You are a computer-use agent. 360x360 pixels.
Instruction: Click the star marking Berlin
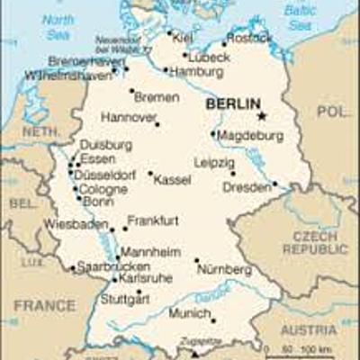tap(261, 116)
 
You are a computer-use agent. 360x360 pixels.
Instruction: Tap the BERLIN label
tap(232, 104)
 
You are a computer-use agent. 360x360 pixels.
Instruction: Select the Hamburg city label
tap(195, 72)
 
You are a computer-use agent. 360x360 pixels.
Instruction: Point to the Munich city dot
tap(213, 320)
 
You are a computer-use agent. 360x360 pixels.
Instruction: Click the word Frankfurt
tap(153, 220)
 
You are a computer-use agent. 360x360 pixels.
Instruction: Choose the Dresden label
tap(246, 187)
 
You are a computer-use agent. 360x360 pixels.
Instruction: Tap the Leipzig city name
tap(213, 163)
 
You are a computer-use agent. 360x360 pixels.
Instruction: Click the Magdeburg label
tap(249, 135)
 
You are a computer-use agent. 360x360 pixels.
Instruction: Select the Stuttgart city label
tap(124, 298)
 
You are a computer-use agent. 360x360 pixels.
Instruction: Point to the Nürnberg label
tap(224, 269)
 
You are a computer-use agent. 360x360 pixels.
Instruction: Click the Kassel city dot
tap(149, 174)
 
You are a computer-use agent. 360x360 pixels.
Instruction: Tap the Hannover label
tap(128, 117)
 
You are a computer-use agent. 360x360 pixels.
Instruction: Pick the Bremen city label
tap(156, 96)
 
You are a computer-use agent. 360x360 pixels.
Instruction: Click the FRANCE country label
tap(44, 306)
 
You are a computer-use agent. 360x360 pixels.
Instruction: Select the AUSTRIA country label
tap(309, 330)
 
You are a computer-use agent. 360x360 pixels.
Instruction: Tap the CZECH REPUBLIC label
tap(310, 242)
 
